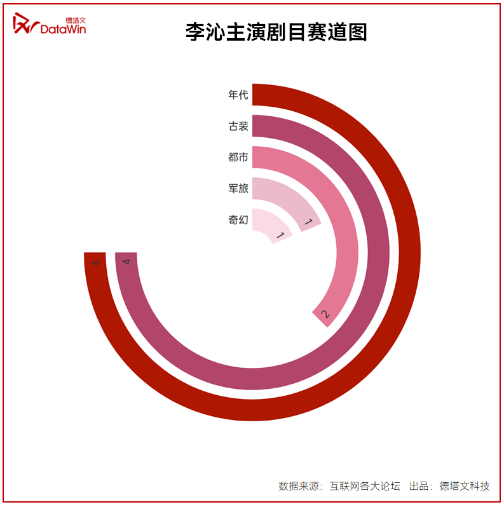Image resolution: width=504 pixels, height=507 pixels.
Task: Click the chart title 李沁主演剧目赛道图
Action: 276,32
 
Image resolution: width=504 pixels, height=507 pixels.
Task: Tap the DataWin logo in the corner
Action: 50,25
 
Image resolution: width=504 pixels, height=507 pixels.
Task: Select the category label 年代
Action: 238,95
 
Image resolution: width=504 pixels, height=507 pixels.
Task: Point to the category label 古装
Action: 238,126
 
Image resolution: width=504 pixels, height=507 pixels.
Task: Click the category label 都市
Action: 238,157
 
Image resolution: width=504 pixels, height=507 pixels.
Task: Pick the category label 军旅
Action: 238,188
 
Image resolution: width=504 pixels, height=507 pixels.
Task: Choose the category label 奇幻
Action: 238,220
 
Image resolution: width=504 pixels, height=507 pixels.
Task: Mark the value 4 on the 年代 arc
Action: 95,262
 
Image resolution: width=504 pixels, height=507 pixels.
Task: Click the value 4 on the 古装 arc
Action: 126,262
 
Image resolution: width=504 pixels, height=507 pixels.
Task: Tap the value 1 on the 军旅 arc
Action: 308,222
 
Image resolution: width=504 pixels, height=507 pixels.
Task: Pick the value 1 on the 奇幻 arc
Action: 279,236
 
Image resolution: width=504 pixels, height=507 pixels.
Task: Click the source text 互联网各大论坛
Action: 365,486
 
